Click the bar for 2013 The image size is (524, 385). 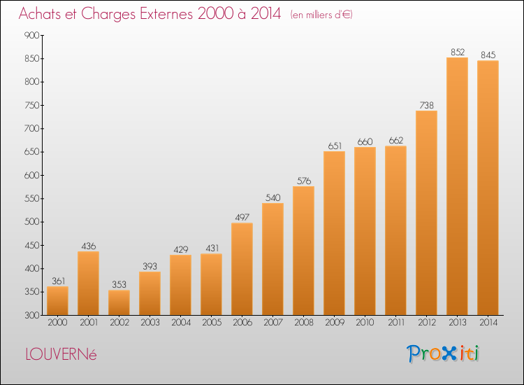457,186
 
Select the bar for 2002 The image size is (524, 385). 119,302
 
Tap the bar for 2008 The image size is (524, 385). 303,251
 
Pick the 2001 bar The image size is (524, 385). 88,283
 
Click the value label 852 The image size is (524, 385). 458,52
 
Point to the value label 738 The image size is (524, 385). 426,106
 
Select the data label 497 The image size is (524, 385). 242,218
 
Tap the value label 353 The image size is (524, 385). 119,285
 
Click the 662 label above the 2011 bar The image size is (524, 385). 396,141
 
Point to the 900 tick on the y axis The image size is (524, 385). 31,35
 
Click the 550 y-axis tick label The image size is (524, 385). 31,199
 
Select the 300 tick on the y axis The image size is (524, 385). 31,315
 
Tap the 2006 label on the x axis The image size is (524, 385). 242,323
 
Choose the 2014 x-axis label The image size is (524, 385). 488,323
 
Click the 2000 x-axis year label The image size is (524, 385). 57,323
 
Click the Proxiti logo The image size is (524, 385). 443,353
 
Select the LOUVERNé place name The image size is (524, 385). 61,354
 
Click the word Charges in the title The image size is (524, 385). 108,14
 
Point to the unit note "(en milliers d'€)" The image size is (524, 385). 321,15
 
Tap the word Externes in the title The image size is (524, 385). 166,13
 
